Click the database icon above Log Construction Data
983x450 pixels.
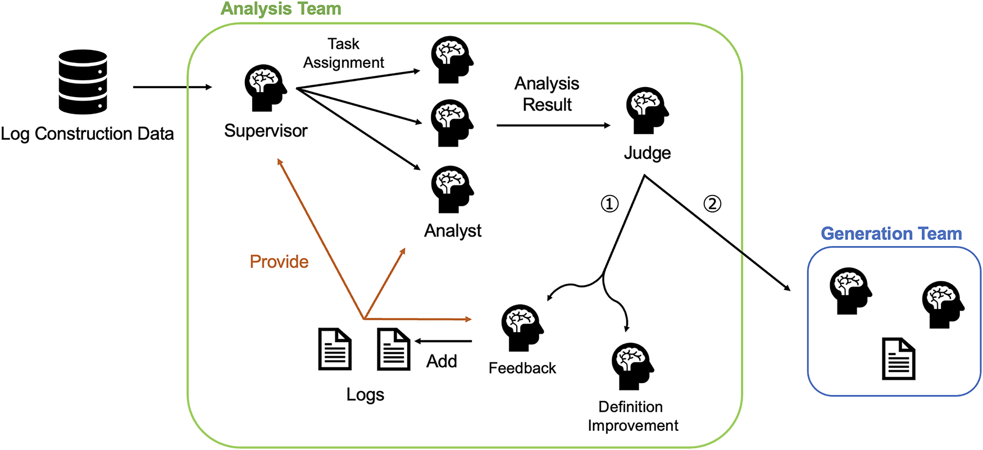point(83,82)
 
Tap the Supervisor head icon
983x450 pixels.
point(265,88)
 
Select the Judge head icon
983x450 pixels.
point(647,110)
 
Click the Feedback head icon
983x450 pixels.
point(522,328)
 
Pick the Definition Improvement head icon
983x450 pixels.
point(632,366)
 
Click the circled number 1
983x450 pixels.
point(609,203)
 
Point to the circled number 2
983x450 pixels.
point(712,203)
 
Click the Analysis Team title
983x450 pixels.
point(281,9)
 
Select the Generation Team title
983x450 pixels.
point(891,234)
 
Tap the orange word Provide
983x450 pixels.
point(279,262)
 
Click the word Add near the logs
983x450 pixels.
point(442,361)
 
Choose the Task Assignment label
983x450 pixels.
point(344,53)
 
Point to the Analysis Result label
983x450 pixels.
point(547,94)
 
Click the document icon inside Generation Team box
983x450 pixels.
point(899,358)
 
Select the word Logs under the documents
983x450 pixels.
point(365,394)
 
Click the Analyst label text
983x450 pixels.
point(453,231)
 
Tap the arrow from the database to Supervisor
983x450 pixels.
point(172,87)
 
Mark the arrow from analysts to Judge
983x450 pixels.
point(553,125)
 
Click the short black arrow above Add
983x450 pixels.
point(444,341)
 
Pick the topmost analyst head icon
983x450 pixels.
point(452,60)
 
